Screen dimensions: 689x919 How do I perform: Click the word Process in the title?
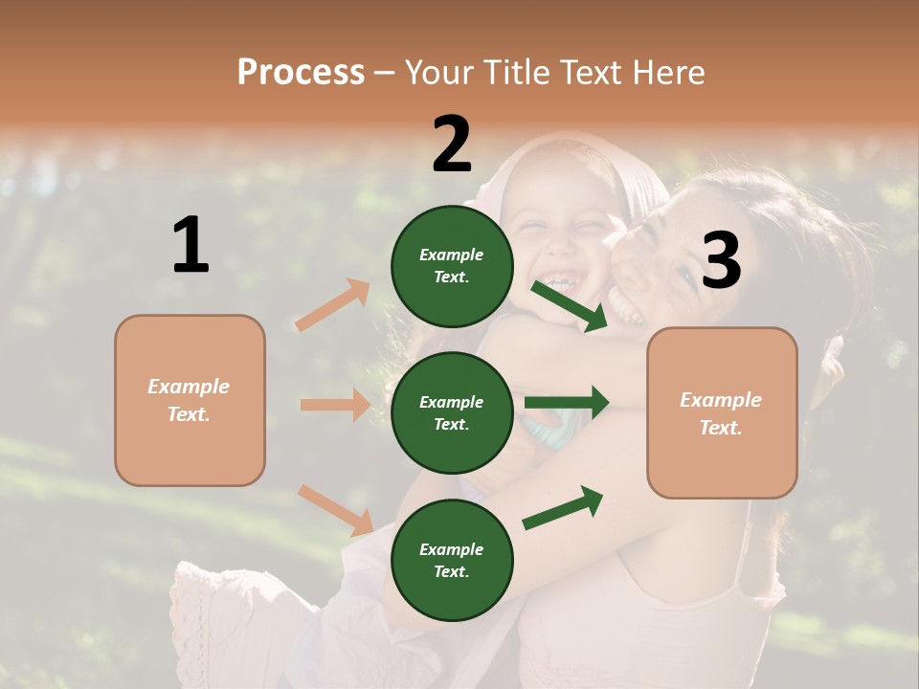(x=301, y=73)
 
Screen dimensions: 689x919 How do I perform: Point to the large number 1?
(x=191, y=245)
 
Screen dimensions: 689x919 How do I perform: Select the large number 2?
(x=452, y=144)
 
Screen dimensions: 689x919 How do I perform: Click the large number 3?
(x=722, y=261)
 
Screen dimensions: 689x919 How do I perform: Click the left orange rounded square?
(x=190, y=400)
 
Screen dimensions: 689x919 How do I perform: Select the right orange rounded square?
(x=722, y=412)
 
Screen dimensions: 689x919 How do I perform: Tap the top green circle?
(x=452, y=266)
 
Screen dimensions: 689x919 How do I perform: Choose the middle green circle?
(x=452, y=412)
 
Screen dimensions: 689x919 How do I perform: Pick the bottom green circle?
(x=452, y=560)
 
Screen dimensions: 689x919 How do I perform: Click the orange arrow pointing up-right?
(x=333, y=305)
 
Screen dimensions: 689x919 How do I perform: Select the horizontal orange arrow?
(x=335, y=405)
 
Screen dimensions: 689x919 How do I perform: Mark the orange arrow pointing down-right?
(x=335, y=510)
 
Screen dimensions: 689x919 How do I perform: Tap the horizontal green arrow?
(x=567, y=402)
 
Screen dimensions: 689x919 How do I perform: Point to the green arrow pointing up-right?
(x=563, y=507)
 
